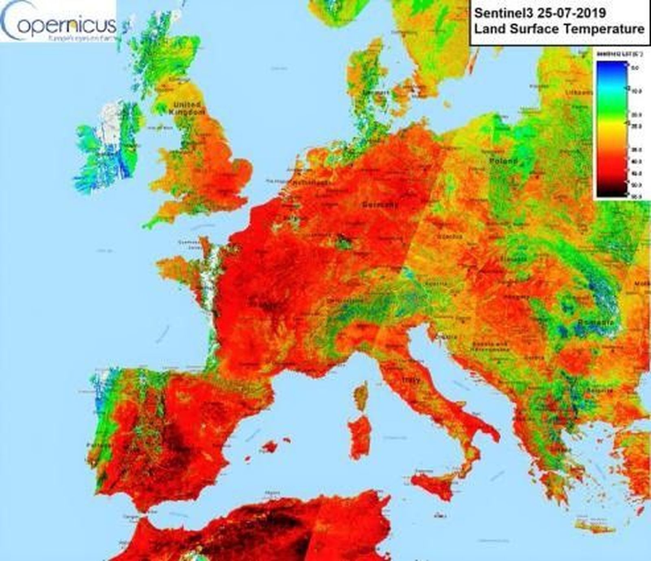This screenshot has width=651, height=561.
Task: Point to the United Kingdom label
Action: tap(187, 108)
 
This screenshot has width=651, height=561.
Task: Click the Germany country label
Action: tap(380, 205)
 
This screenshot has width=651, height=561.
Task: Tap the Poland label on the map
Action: tap(503, 161)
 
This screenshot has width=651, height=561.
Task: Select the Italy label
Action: tap(411, 380)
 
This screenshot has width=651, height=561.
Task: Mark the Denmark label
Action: tap(376, 93)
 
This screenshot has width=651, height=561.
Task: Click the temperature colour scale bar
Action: tap(612, 129)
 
